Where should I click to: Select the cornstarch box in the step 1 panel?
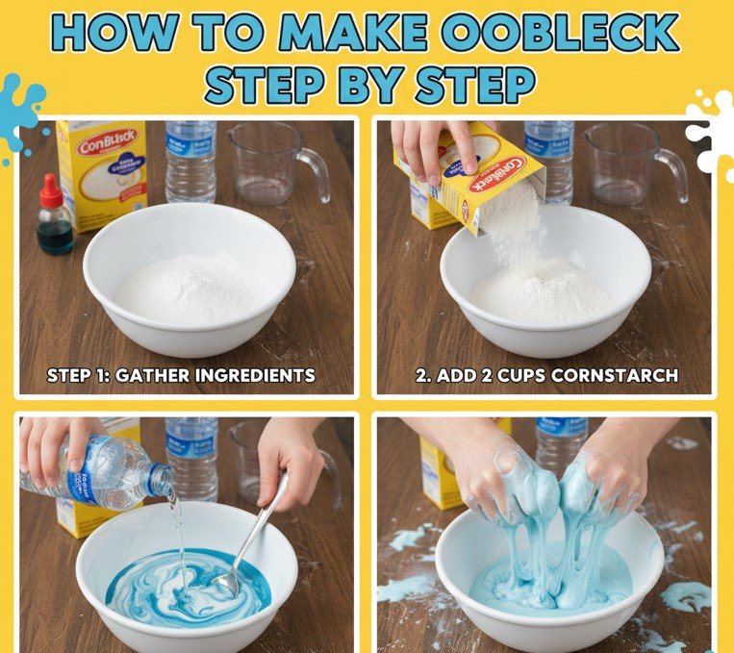102,173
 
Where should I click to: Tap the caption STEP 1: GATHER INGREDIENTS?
181,375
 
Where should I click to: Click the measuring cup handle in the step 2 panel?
674,170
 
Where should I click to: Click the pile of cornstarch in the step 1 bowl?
189,289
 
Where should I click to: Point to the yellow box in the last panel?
441,471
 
